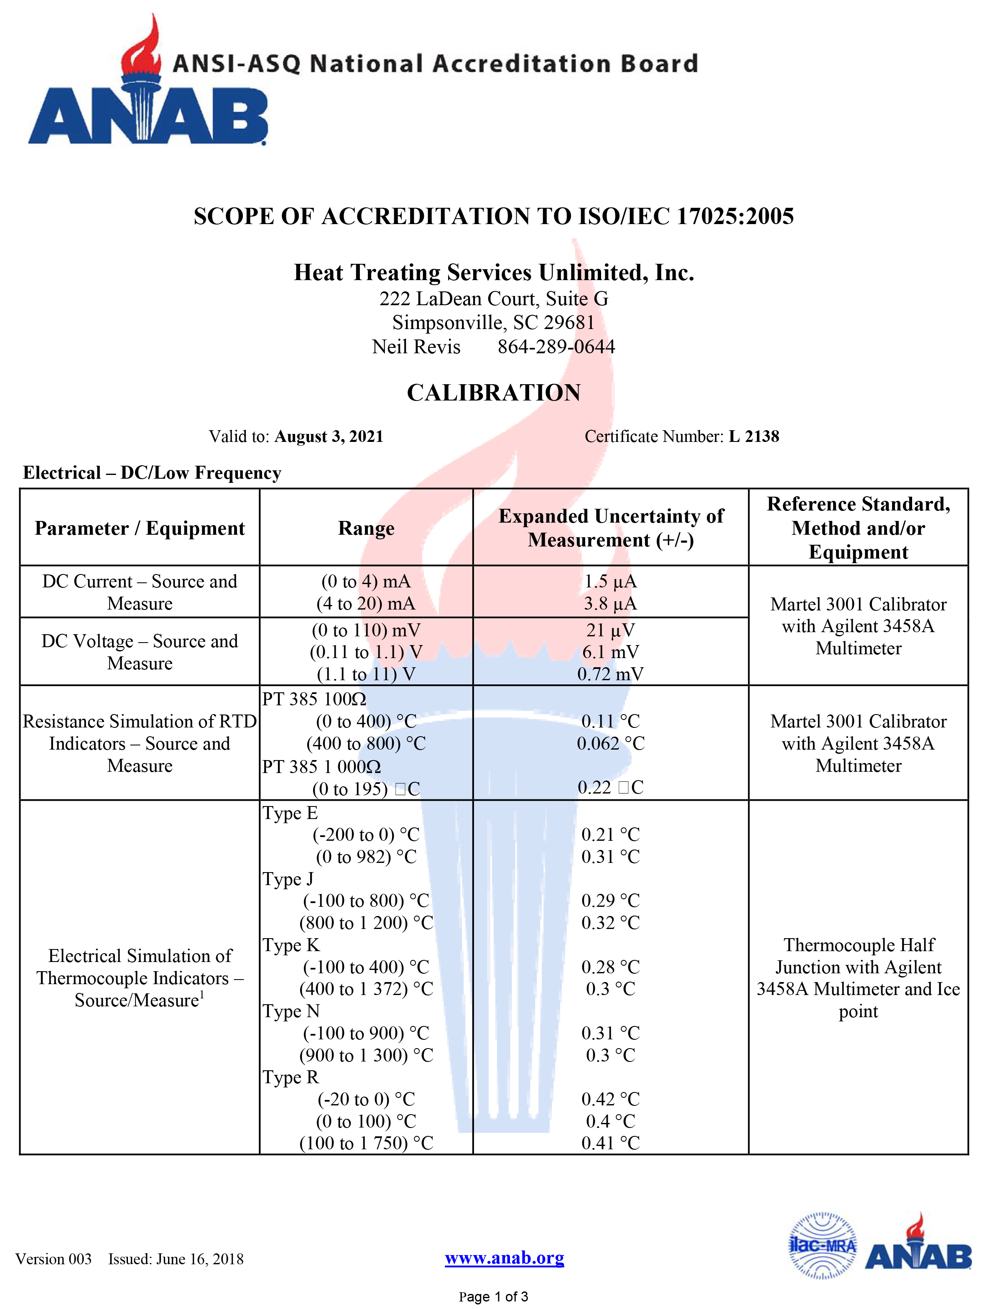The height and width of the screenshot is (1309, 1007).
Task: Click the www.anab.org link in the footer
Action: [x=504, y=1258]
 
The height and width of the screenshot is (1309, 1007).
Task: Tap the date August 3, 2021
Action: [x=329, y=436]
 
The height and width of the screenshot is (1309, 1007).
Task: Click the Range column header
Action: [x=366, y=528]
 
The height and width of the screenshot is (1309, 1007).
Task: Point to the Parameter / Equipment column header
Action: [x=140, y=528]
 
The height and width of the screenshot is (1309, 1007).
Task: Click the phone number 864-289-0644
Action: [x=556, y=347]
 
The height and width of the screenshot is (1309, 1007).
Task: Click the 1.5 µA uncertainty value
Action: [x=610, y=582]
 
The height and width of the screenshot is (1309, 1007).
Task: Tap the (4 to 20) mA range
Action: [x=366, y=604]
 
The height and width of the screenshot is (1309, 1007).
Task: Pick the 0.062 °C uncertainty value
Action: [x=610, y=744]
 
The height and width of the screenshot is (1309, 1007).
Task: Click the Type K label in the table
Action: [x=291, y=945]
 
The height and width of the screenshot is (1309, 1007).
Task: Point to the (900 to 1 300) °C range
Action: [x=366, y=1056]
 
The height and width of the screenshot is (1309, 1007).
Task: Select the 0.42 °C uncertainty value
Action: [x=610, y=1099]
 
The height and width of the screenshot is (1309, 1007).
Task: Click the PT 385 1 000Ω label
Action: [x=321, y=767]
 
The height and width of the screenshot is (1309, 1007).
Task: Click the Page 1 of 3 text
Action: [x=493, y=1297]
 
